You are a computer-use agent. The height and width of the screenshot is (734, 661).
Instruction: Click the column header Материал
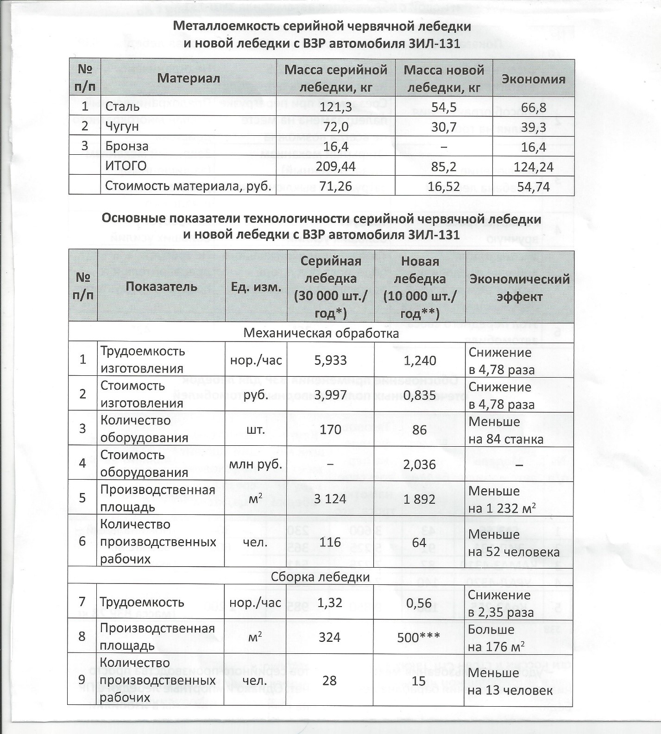coord(188,78)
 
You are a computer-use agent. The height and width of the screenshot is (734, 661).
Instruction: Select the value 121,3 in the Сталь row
coord(336,107)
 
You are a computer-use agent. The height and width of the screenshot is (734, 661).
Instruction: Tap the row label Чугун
coord(122,127)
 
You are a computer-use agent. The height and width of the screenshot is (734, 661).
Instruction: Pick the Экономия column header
coord(534,78)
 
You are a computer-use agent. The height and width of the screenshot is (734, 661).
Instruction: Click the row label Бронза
coord(126,146)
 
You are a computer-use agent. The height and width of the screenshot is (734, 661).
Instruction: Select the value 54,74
coord(534,186)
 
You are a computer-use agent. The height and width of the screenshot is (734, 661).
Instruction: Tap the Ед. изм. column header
coord(256,287)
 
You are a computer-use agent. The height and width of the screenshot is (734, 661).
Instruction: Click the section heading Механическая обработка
coord(321,333)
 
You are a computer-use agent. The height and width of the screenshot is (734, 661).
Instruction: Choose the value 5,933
coord(330,360)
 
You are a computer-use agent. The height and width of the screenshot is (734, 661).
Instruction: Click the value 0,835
coord(419,394)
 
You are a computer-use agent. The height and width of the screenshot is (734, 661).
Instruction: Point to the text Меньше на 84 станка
coord(505,430)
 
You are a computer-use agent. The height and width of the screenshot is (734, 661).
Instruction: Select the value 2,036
coord(419,464)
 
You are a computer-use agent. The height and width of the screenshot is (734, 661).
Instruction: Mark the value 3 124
coord(330,499)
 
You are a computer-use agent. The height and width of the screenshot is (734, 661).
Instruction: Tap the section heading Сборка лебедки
coord(320,577)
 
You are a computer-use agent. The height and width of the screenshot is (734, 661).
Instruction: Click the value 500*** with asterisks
coord(419,638)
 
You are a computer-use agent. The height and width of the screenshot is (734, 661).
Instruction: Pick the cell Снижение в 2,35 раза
coord(500,603)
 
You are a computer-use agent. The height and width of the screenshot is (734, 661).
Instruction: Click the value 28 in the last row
coord(329,681)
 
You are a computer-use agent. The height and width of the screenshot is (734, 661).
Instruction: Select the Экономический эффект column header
coord(519,287)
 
